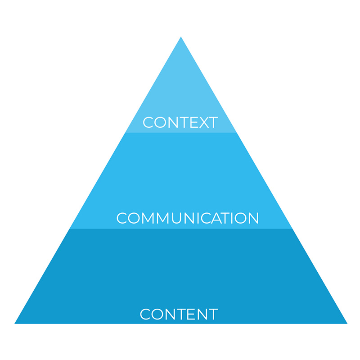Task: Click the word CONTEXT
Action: pos(180,122)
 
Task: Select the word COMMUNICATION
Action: pos(188,218)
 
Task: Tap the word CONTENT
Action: pos(179,314)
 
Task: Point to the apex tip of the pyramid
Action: pos(181,37)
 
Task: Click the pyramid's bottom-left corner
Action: pos(15,323)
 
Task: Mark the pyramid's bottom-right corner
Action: pos(347,323)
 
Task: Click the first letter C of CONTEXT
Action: pos(148,122)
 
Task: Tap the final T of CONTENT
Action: pos(213,314)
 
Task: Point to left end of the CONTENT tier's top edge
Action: pos(70,229)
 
